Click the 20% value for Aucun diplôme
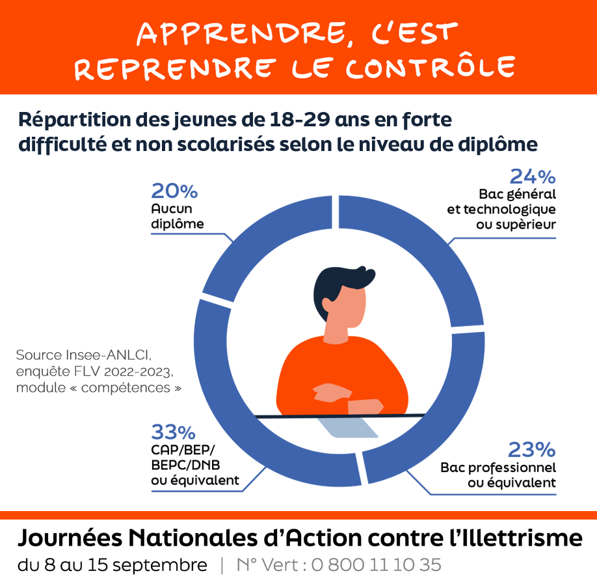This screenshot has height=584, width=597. [174, 191]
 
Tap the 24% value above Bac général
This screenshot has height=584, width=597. [532, 176]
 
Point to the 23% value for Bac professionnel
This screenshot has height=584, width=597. [531, 450]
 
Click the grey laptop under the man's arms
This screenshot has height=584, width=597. [348, 426]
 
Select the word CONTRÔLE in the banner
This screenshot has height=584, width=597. [430, 68]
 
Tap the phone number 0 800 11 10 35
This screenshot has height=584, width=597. [376, 565]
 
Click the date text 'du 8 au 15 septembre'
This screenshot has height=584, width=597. [112, 565]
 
